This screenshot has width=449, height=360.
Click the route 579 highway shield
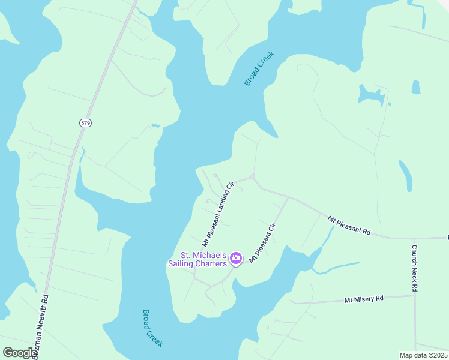85,122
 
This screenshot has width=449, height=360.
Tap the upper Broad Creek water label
259,68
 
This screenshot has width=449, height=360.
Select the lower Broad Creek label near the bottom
152,328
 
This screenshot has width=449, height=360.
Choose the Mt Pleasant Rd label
349,226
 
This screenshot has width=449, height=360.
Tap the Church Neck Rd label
414,268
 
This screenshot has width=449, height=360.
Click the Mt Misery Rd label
363,299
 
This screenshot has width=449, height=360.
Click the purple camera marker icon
236,259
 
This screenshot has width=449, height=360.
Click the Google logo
20,352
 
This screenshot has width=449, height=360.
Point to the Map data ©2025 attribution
423,355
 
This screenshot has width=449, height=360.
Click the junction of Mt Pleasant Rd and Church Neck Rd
414,238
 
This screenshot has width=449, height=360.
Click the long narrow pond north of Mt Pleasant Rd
406,175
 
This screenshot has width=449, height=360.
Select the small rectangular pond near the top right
416,87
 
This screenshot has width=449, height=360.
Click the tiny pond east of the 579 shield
155,125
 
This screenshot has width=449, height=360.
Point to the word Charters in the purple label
211,263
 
